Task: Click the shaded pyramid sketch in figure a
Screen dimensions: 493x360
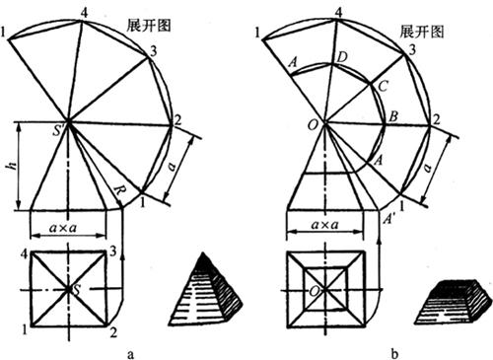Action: pyautogui.click(x=207, y=293)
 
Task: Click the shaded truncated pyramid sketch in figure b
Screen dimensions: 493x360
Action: pyautogui.click(x=456, y=303)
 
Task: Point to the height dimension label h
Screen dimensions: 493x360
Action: pyautogui.click(x=13, y=166)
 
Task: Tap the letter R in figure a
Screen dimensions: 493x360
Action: pyautogui.click(x=118, y=191)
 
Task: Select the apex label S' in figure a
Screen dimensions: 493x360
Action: pyautogui.click(x=58, y=131)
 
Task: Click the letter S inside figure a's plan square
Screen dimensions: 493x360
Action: pyautogui.click(x=77, y=291)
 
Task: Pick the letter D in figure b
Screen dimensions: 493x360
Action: pyautogui.click(x=342, y=57)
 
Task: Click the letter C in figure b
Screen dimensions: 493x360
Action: pyautogui.click(x=383, y=87)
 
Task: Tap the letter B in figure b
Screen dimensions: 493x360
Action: pyautogui.click(x=393, y=116)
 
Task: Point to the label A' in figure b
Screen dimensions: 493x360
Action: pyautogui.click(x=389, y=219)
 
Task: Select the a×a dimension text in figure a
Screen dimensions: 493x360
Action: pyautogui.click(x=63, y=227)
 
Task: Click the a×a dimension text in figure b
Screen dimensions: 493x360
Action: pyautogui.click(x=324, y=225)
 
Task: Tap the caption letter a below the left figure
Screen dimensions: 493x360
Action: pyautogui.click(x=131, y=354)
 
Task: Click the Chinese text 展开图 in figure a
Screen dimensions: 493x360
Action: pyautogui.click(x=149, y=26)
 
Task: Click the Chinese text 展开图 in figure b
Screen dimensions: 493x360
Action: pyautogui.click(x=422, y=32)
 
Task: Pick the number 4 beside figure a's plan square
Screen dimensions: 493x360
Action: pyautogui.click(x=24, y=253)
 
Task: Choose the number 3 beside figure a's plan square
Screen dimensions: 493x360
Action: pyautogui.click(x=113, y=252)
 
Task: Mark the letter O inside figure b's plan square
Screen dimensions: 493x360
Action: pyautogui.click(x=315, y=291)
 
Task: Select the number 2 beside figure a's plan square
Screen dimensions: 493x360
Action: pyautogui.click(x=113, y=332)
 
